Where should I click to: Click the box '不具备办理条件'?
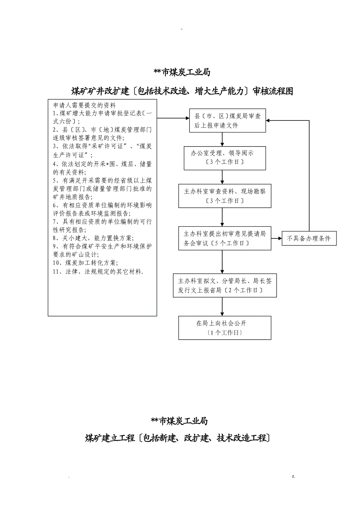(309, 238)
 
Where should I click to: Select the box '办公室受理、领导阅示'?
(222, 158)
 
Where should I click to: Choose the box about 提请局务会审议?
(225, 238)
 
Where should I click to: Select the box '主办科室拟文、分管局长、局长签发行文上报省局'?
(225, 285)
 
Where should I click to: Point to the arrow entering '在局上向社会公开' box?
(222, 307)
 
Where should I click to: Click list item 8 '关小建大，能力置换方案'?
(93, 238)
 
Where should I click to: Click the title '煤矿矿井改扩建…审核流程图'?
(182, 91)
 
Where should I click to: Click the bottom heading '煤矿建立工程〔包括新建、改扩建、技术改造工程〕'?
(178, 438)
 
